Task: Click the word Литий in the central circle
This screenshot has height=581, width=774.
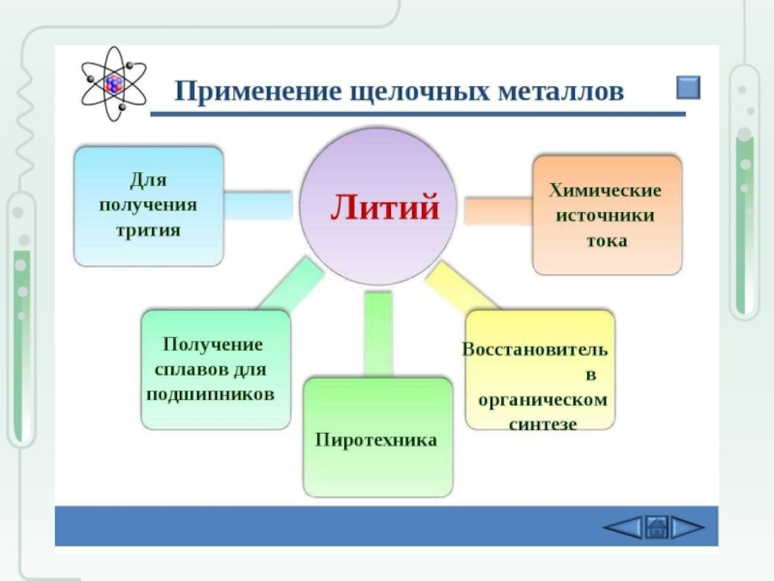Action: click(x=386, y=206)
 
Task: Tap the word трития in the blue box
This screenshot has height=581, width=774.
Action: click(x=148, y=230)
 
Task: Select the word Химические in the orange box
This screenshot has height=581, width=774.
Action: click(x=606, y=190)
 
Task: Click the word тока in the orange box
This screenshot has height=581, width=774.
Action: click(x=606, y=240)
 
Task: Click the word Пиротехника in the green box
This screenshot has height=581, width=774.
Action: click(x=376, y=440)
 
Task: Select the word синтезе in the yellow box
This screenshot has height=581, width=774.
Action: click(x=543, y=424)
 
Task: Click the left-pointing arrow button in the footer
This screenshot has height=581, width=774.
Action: click(x=623, y=527)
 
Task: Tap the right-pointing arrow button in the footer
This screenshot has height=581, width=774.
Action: click(x=687, y=527)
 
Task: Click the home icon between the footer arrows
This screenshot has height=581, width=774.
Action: click(x=656, y=527)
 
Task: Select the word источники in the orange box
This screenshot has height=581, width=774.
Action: click(x=606, y=215)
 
